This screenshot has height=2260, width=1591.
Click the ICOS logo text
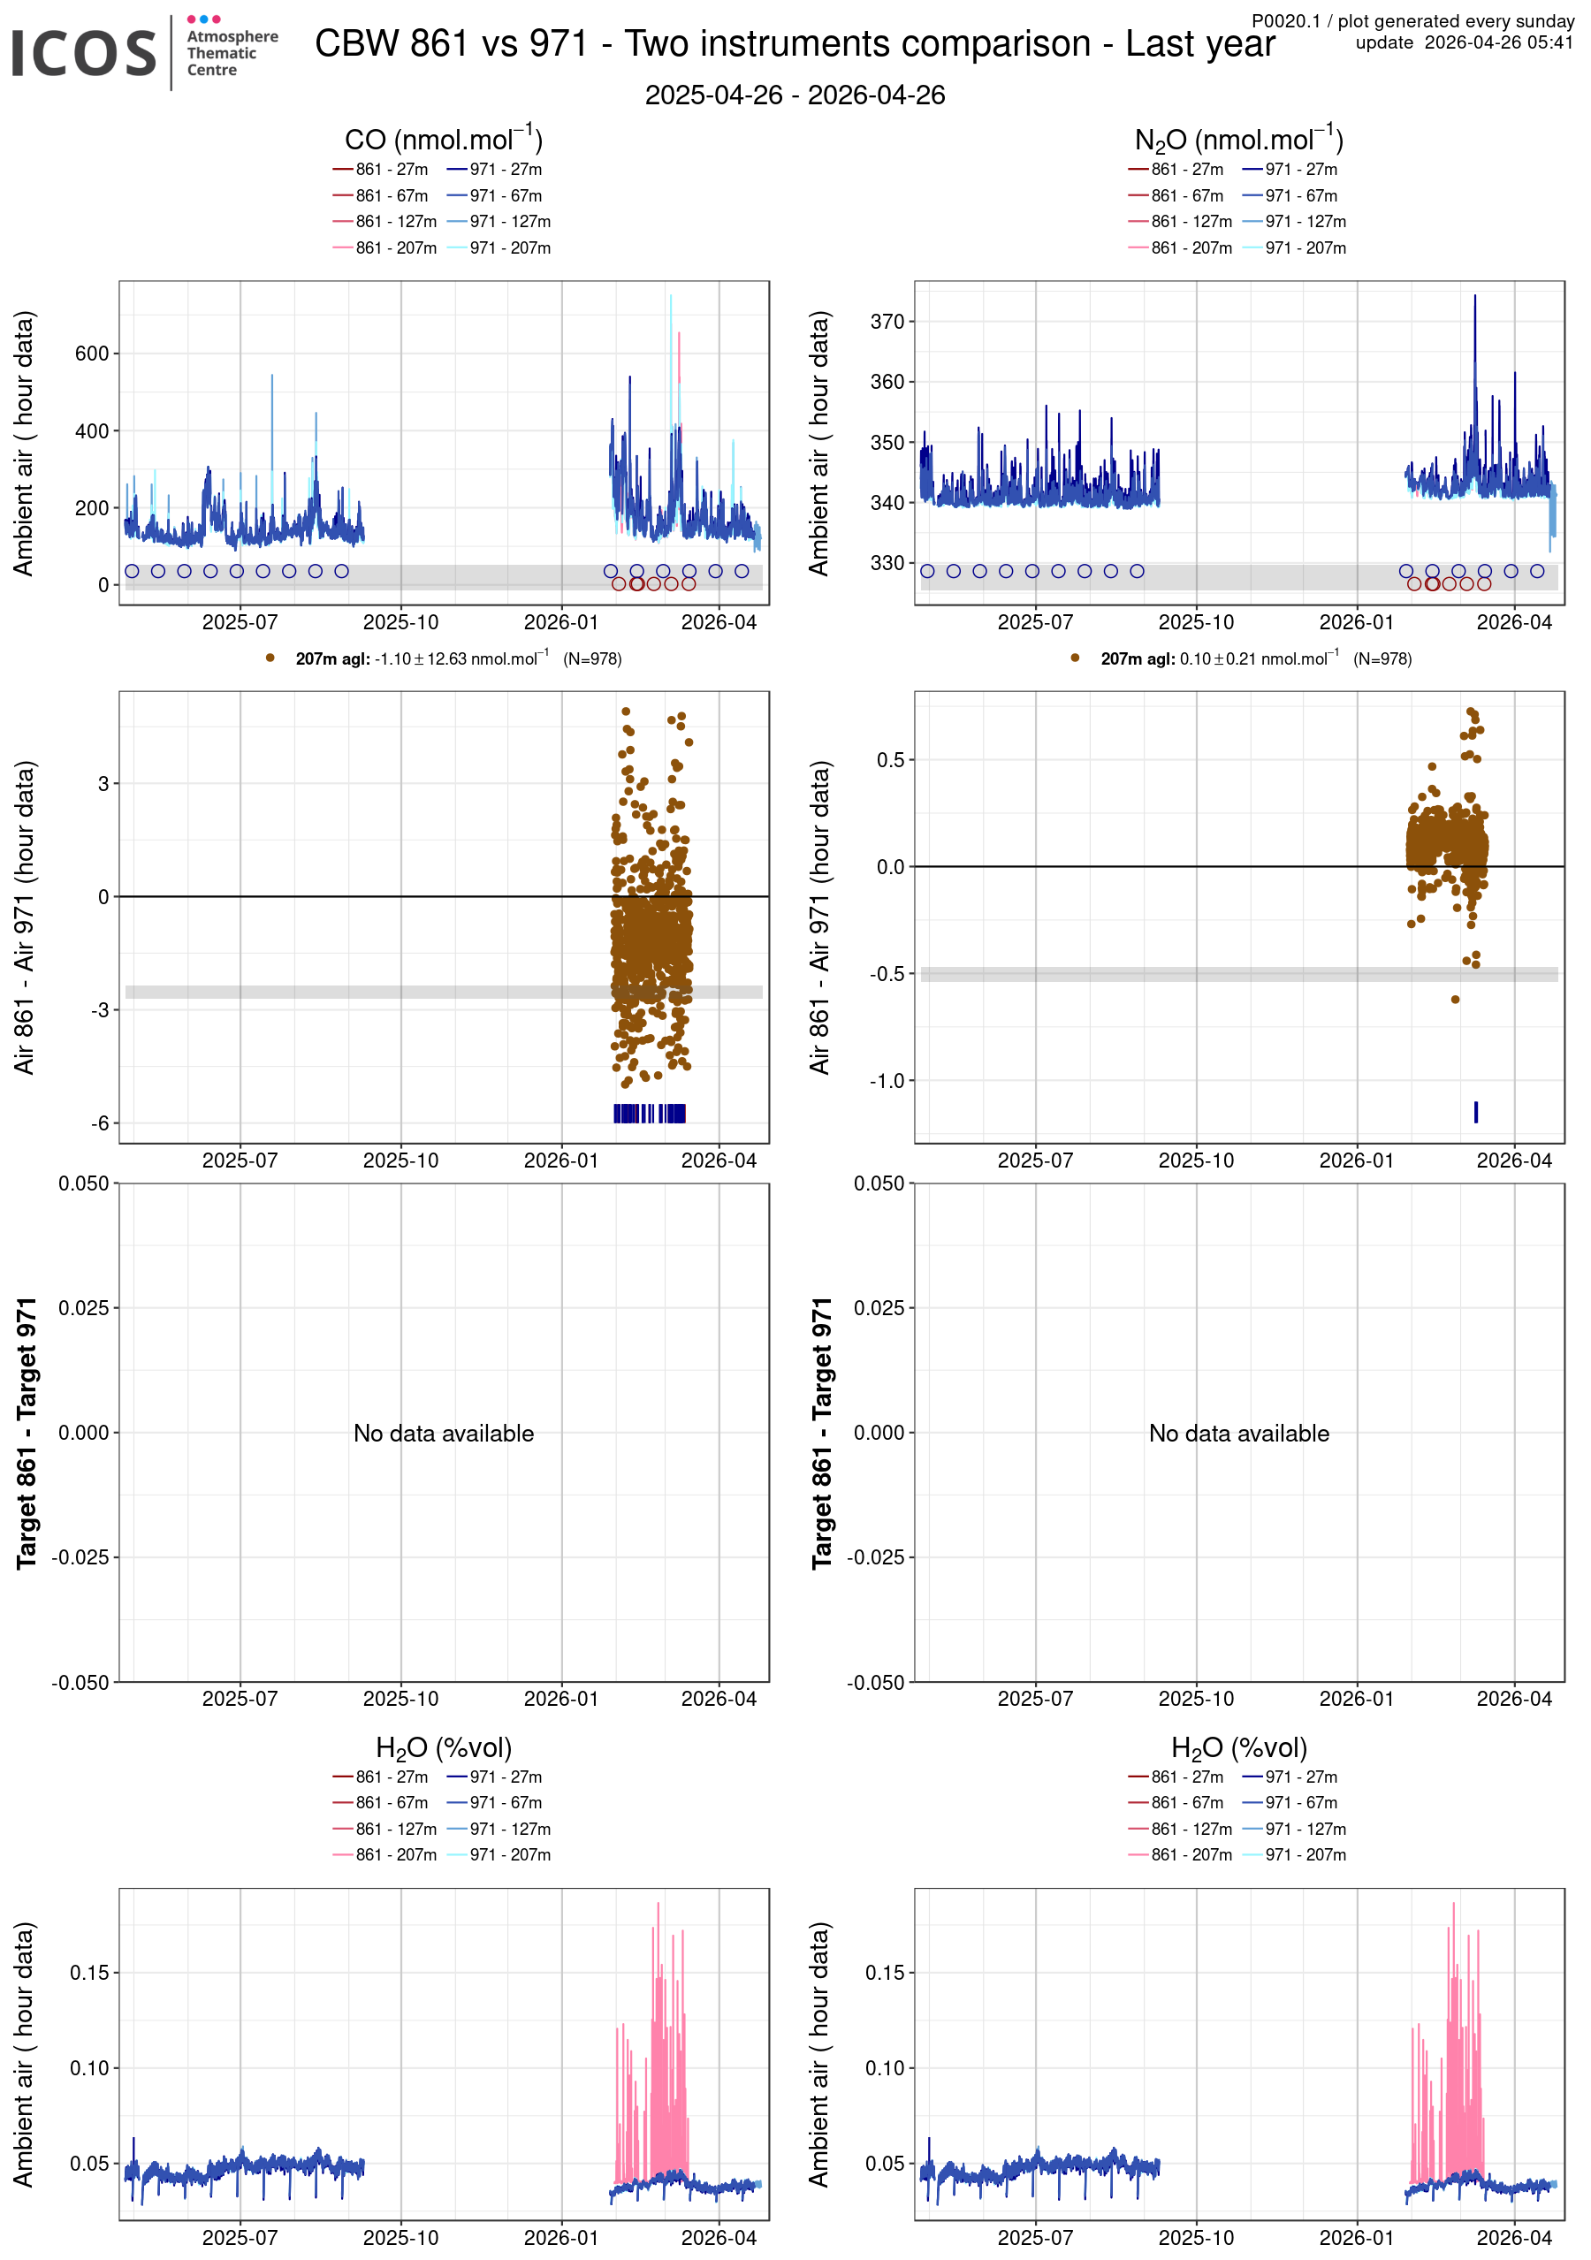(84, 53)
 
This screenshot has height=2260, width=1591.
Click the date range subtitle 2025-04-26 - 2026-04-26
(795, 95)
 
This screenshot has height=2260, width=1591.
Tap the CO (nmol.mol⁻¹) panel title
(443, 139)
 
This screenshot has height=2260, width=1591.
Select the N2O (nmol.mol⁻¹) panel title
(1238, 139)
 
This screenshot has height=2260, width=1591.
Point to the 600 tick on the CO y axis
(92, 354)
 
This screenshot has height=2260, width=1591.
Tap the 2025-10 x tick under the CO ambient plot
(400, 622)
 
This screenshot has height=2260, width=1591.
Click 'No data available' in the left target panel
(443, 1434)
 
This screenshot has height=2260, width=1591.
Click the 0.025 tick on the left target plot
(84, 1308)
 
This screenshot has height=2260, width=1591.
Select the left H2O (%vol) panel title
(443, 1747)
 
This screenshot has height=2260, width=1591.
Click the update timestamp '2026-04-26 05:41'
(1498, 42)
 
